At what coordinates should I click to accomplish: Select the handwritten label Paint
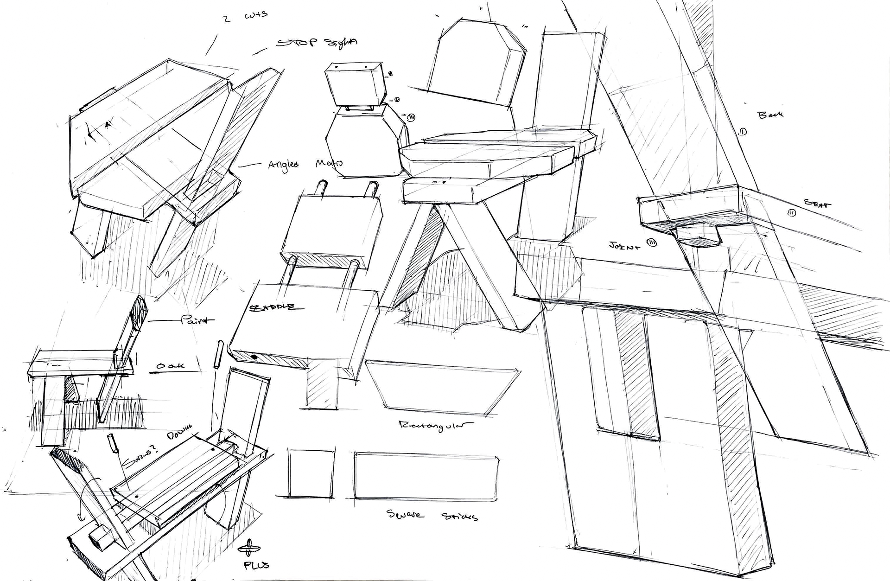click(x=198, y=320)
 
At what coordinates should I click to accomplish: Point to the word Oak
click(x=170, y=366)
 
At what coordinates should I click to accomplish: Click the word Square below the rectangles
click(x=404, y=514)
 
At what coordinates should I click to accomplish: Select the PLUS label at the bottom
click(x=256, y=565)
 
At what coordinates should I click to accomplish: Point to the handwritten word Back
click(x=770, y=114)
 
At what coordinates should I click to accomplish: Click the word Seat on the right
click(x=817, y=203)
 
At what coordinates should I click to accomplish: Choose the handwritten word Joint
click(x=625, y=245)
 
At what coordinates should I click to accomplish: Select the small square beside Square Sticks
click(x=311, y=472)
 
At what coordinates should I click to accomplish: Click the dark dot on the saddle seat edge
click(x=254, y=357)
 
